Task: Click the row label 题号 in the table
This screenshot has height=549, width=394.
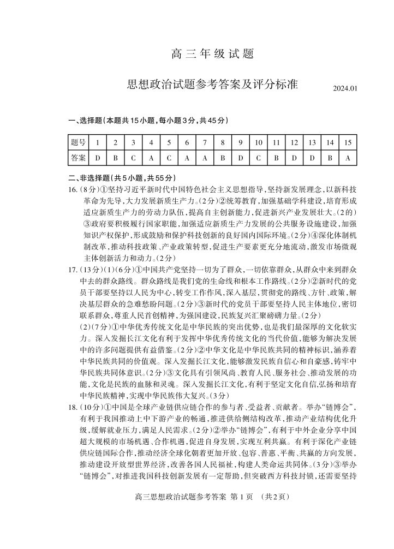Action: coord(78,142)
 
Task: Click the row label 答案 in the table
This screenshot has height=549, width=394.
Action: coord(78,158)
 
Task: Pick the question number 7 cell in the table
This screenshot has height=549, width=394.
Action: coord(205,142)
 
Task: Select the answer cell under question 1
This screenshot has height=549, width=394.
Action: coord(98,158)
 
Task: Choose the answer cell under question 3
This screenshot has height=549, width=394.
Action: coord(133,158)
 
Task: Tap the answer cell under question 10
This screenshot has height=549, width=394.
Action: coord(258,158)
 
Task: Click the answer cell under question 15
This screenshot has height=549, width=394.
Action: coord(348,158)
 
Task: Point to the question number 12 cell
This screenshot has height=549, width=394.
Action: coord(294,142)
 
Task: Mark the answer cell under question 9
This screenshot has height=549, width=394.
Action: coord(240,158)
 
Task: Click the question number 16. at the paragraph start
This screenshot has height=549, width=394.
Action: coord(73,189)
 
